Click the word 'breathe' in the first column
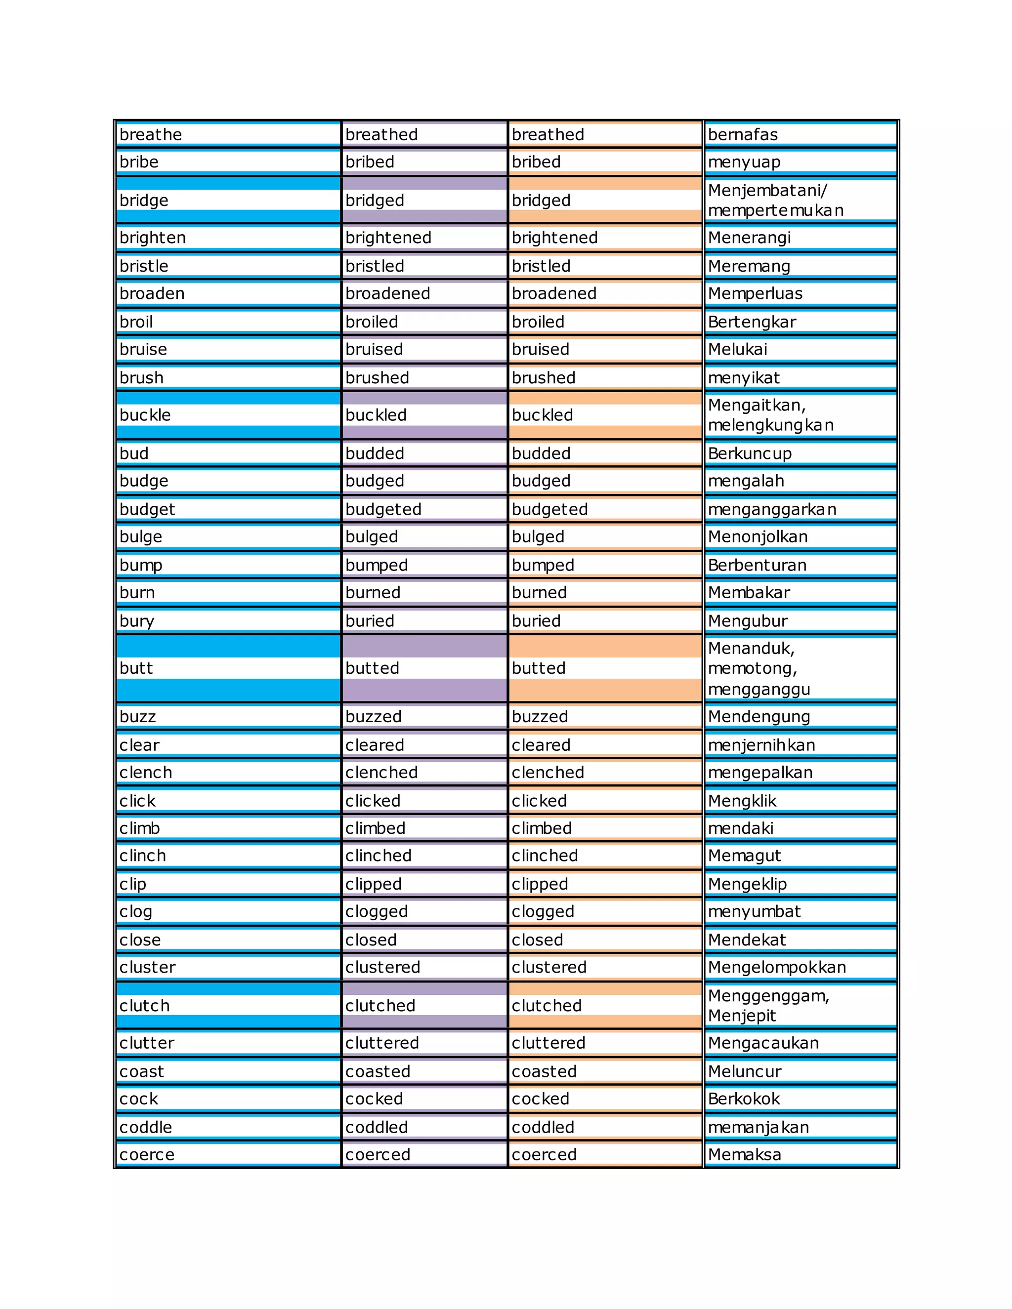click(x=151, y=134)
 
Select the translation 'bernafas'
click(x=742, y=134)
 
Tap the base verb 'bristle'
click(x=144, y=266)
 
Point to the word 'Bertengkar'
click(x=752, y=322)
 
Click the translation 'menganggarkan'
click(x=771, y=509)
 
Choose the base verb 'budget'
click(x=147, y=509)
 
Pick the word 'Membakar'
click(x=749, y=592)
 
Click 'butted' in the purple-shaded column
click(x=372, y=668)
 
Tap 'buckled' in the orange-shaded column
click(x=542, y=415)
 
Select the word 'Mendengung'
click(x=759, y=716)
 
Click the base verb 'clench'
click(x=146, y=772)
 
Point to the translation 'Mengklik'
click(x=742, y=801)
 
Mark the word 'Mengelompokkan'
click(x=777, y=967)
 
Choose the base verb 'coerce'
click(x=147, y=1154)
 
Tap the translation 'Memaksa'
click(x=745, y=1154)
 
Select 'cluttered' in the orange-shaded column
click(x=548, y=1043)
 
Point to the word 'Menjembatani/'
click(x=767, y=190)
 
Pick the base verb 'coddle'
click(x=146, y=1127)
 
